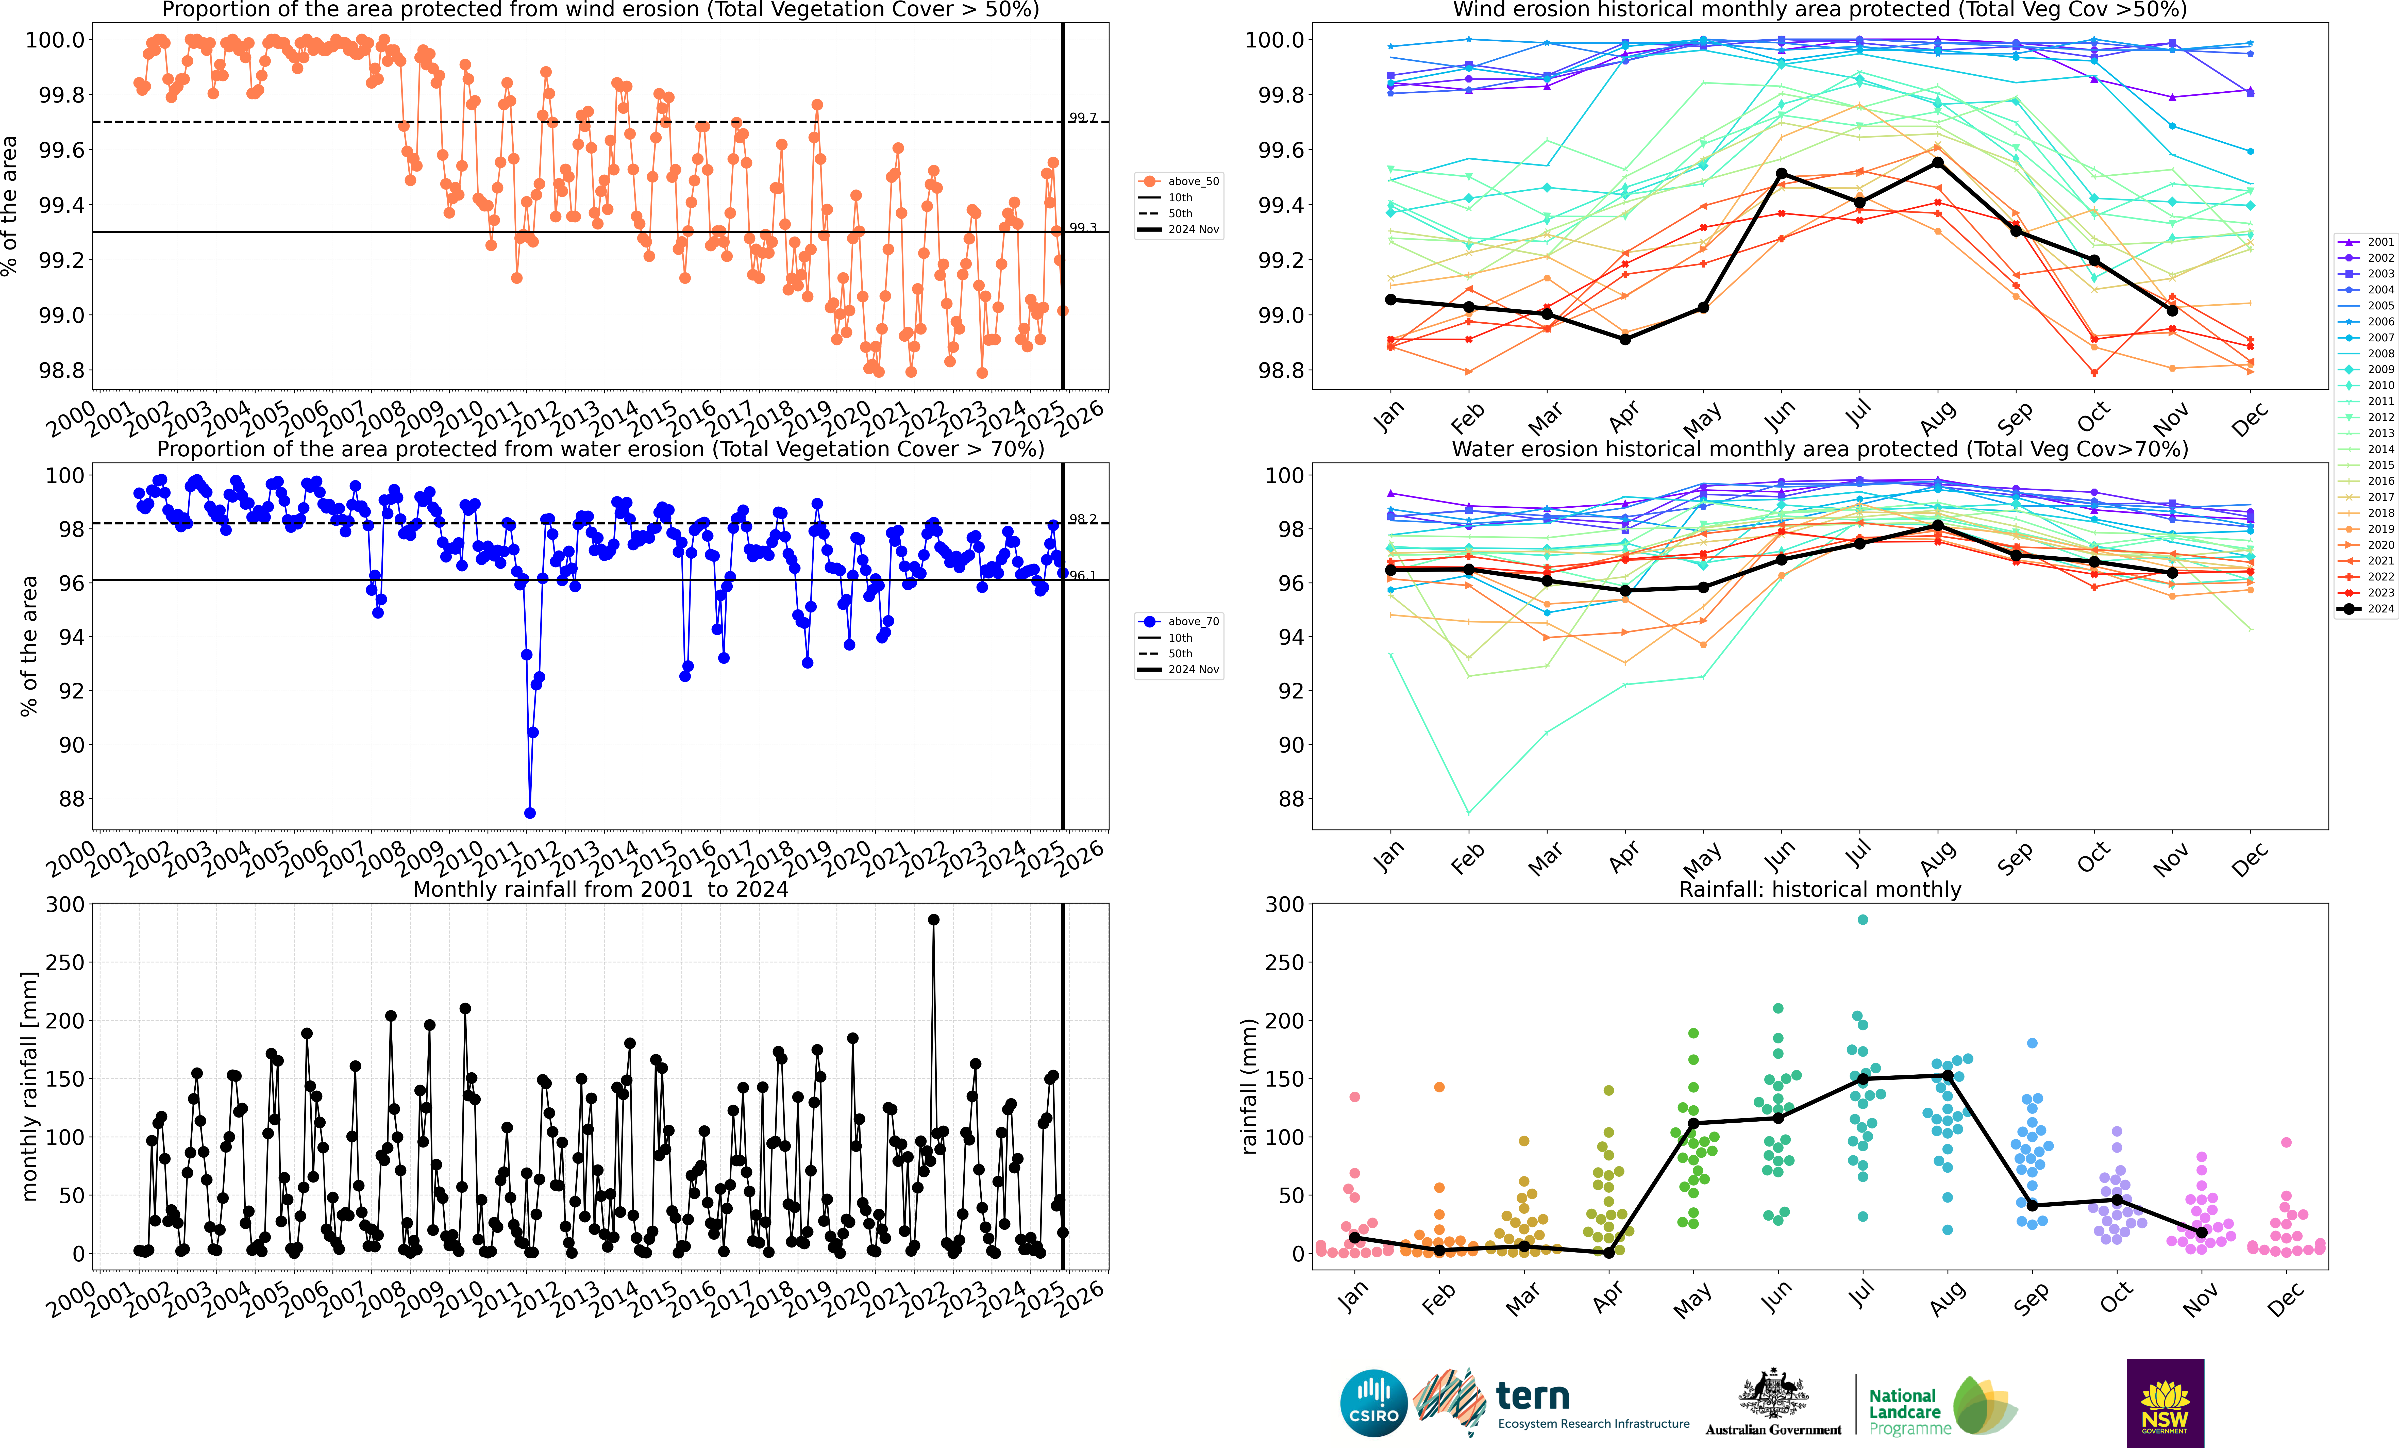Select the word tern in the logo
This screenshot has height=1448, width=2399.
pyautogui.click(x=1533, y=1396)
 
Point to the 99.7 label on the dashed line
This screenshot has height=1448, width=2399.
pyautogui.click(x=1083, y=118)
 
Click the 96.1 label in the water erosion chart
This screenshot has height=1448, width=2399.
pyautogui.click(x=1083, y=575)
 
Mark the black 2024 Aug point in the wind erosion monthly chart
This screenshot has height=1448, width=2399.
pyautogui.click(x=1938, y=163)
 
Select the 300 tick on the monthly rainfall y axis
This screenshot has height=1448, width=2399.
pyautogui.click(x=65, y=905)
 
